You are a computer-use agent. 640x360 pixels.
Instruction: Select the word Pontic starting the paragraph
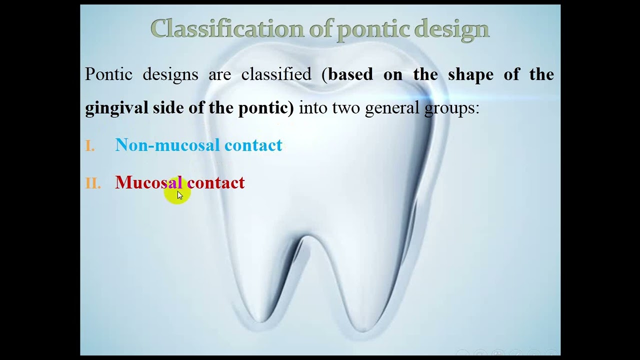click(x=108, y=74)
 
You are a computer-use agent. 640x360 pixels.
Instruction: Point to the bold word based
click(x=350, y=74)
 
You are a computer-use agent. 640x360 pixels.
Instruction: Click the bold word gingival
click(x=116, y=108)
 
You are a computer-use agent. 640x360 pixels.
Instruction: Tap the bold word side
click(x=168, y=108)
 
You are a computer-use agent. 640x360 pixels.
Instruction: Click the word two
click(x=345, y=108)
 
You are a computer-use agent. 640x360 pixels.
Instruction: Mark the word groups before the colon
click(x=449, y=108)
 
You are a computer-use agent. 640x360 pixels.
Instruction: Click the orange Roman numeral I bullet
click(x=90, y=146)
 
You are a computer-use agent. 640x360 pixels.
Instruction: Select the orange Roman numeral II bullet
click(x=93, y=183)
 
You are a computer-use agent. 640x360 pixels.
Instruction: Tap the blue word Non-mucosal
click(x=167, y=145)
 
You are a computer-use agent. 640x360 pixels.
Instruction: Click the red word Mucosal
click(x=148, y=182)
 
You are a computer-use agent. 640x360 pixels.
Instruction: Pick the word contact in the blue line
click(x=253, y=145)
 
